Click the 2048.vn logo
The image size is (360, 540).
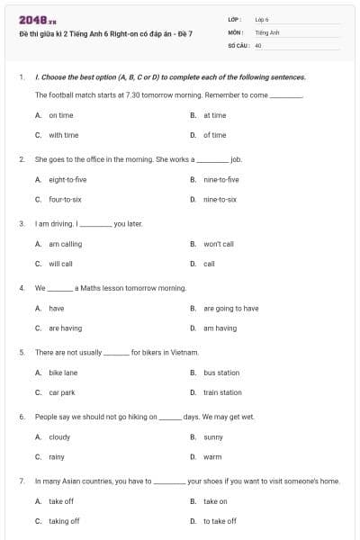pos(30,19)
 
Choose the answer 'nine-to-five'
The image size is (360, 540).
pos(220,179)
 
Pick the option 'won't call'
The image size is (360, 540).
pos(218,243)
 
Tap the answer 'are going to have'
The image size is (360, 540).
pos(230,308)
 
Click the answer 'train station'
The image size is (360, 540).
pos(222,392)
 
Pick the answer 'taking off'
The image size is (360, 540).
pos(64,520)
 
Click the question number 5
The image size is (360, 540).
pos(22,352)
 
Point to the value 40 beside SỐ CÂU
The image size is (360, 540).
pos(258,45)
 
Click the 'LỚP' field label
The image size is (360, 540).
pos(234,19)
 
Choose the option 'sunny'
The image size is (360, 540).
pos(213,436)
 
